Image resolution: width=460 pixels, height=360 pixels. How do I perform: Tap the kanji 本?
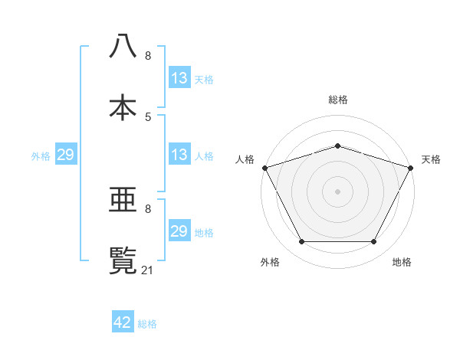pos(123,106)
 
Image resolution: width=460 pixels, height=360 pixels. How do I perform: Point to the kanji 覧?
pos(123,260)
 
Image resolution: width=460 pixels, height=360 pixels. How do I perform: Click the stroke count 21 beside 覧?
pos(149,269)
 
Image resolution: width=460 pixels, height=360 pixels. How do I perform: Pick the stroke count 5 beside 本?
pos(148,116)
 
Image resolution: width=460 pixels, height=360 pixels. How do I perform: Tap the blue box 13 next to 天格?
pos(179,78)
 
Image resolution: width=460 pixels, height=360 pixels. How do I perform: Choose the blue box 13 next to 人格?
pos(179,155)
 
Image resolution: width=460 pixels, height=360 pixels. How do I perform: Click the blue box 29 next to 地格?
pos(179,231)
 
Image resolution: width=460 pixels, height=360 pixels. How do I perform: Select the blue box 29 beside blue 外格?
pos(65,155)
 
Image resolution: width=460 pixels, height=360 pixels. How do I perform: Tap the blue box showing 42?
pos(123,322)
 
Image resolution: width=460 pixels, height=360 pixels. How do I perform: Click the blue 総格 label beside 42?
pos(147,324)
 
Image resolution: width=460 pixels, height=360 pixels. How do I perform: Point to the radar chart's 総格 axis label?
pos(337,100)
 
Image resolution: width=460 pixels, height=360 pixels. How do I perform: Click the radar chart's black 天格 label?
pos(431,159)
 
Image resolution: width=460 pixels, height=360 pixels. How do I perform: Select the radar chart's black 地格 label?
pos(402,262)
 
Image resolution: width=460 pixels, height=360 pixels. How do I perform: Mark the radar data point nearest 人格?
pos(264,168)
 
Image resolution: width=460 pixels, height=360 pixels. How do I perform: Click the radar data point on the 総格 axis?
pos(337,146)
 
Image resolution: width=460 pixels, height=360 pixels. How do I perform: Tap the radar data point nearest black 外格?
pos(301,242)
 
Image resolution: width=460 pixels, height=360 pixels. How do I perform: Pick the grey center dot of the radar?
pos(337,191)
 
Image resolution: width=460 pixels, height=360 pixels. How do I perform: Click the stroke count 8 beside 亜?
pos(148,208)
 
